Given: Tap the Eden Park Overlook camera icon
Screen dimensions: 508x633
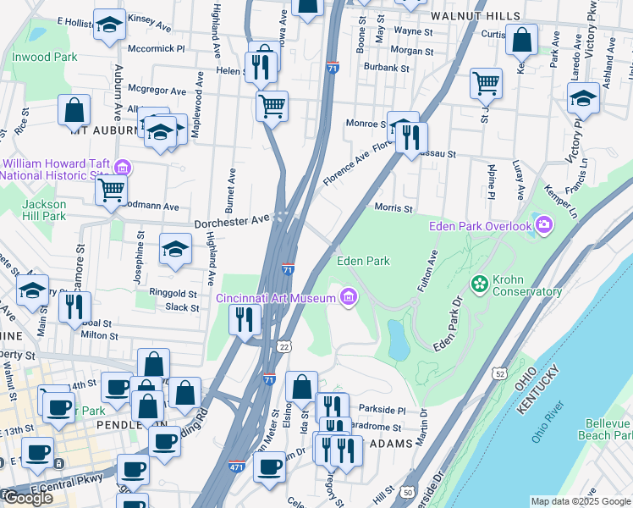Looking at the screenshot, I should tap(543, 224).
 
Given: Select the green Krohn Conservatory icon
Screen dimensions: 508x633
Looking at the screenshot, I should tap(480, 281).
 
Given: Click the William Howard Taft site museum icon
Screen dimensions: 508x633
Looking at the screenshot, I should tap(122, 167).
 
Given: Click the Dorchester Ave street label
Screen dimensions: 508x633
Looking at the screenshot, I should tap(231, 223).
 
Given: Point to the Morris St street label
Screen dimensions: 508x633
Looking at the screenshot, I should tap(393, 208).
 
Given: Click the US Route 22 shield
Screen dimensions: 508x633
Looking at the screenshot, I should tap(284, 346).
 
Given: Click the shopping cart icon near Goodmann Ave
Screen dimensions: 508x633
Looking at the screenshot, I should tap(111, 190).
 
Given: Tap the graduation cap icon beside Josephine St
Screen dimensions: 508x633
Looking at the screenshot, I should tap(175, 249).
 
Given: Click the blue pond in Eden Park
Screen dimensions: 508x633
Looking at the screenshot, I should tap(397, 339).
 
